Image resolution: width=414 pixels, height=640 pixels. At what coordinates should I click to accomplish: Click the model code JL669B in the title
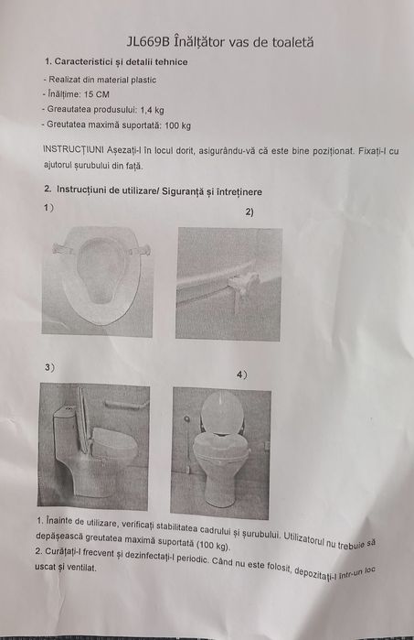pos(146,41)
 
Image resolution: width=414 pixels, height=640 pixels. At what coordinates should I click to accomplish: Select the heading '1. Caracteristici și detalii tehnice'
pos(116,61)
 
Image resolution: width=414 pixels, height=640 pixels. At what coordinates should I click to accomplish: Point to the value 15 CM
pos(96,93)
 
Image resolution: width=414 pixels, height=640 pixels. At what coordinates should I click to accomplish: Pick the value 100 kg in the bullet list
pos(178,125)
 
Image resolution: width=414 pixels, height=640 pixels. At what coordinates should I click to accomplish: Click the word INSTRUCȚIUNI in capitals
pos(75,150)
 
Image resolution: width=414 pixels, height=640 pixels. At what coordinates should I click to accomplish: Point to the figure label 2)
pos(249,212)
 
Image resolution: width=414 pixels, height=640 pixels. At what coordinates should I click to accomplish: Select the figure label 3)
pos(49,367)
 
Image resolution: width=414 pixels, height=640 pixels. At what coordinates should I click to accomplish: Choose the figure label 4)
pos(241,374)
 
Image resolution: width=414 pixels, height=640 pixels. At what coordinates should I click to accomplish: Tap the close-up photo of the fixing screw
pos(228,284)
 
